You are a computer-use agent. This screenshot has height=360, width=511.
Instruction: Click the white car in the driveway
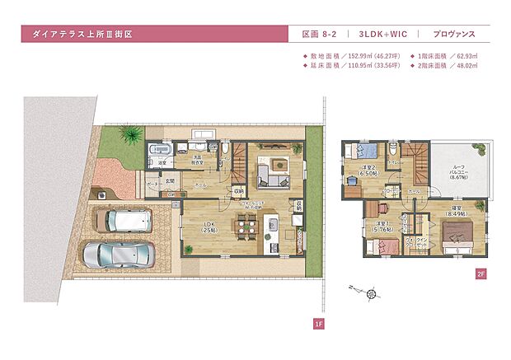[124, 220]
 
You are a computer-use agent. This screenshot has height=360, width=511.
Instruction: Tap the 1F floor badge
[317, 325]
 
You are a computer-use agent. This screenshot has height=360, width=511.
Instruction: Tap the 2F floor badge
[481, 275]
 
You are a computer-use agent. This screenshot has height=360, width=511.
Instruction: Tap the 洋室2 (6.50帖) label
[368, 171]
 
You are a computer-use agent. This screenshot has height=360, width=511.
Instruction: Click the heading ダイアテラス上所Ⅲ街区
[82, 35]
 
